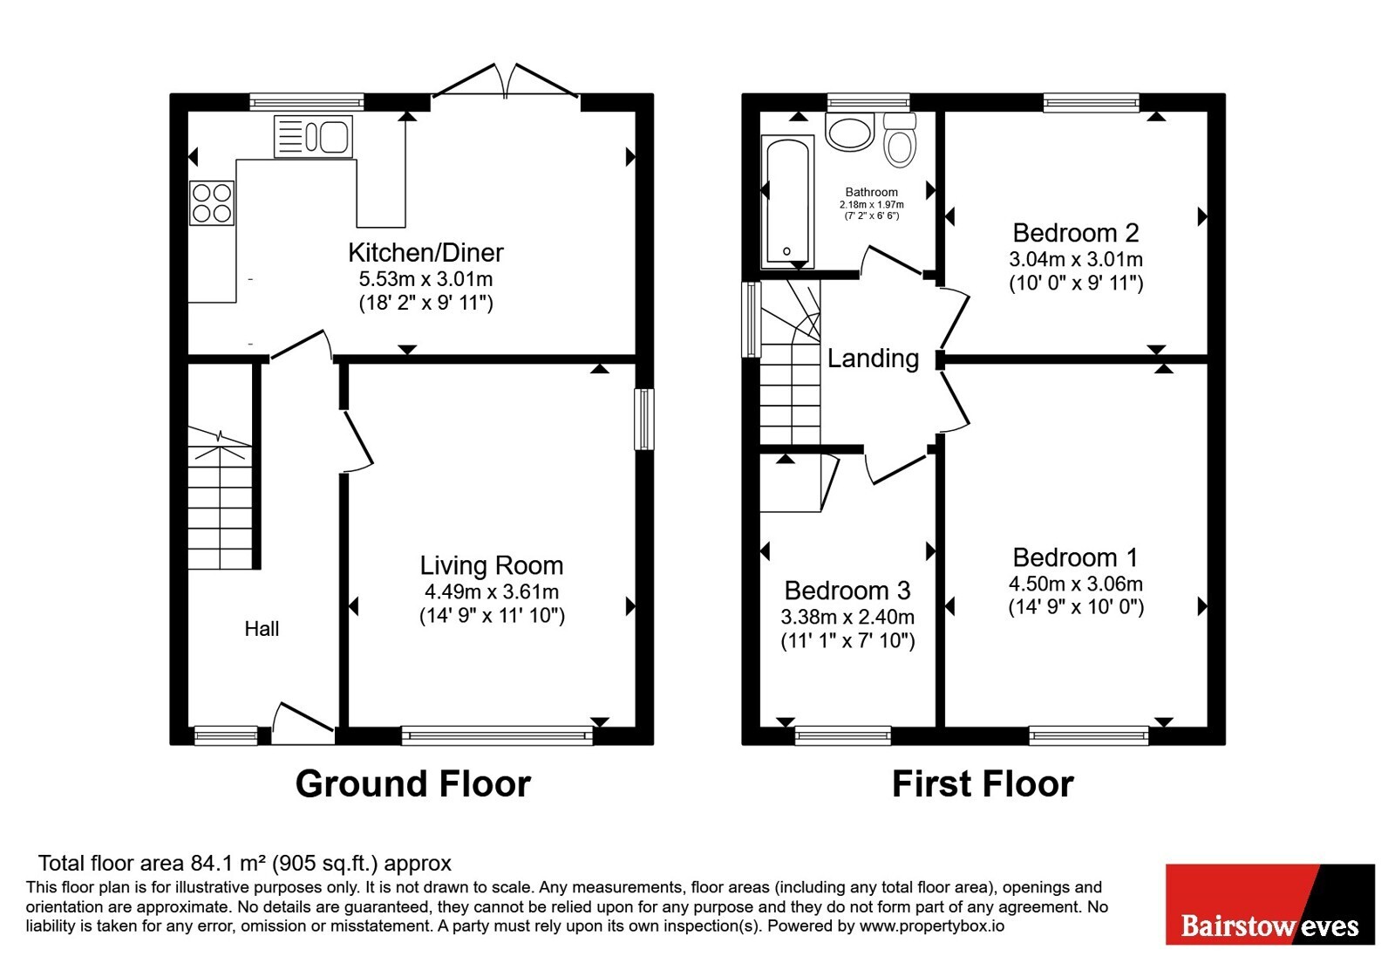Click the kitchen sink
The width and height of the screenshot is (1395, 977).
coord(313,136)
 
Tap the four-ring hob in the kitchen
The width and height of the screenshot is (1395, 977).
coord(212,202)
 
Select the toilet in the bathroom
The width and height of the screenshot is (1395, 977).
coord(900,140)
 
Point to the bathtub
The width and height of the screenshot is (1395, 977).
coord(788,202)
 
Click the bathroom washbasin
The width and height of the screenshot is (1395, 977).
coord(850,130)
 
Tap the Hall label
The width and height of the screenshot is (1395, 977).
coord(262,629)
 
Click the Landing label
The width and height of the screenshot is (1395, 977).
coord(873,359)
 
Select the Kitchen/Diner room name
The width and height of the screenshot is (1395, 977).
coord(426,252)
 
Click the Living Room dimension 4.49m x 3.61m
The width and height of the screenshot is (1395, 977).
coord(492,591)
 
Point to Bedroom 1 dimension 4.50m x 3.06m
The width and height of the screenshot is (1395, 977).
coord(1076,584)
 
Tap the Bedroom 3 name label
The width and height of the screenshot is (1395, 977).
coord(847,590)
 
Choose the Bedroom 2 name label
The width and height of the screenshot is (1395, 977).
coord(1076,233)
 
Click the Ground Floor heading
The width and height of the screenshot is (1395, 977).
coord(413,784)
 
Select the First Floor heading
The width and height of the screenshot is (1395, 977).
coord(983,784)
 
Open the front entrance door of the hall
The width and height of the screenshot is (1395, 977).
coord(303,723)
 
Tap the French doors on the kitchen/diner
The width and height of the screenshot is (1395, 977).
coord(505,80)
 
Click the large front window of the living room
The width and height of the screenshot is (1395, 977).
coord(497,736)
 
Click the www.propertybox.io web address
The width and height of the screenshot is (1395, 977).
coord(932,926)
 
